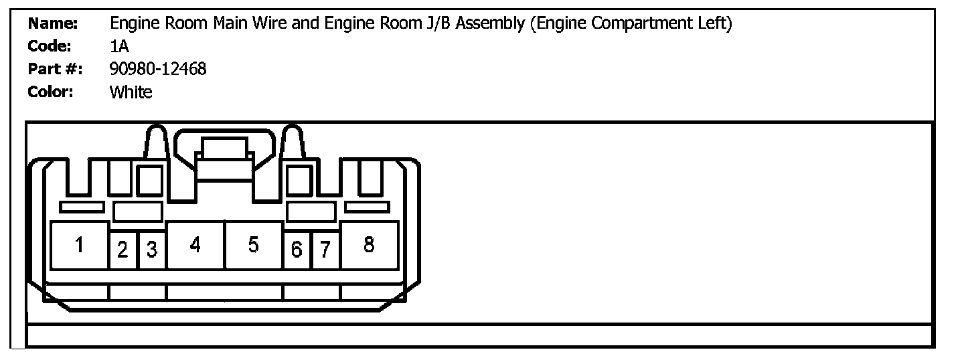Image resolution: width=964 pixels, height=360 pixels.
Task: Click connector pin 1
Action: pos(79,246)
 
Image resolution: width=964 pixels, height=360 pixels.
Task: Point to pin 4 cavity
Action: pos(195,246)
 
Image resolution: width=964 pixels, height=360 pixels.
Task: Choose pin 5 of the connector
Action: pos(253,246)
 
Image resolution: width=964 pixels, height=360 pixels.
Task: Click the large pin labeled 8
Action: pos(369,246)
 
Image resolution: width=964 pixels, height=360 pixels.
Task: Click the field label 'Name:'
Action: pos(54,24)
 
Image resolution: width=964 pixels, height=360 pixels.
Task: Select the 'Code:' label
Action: pos(50,46)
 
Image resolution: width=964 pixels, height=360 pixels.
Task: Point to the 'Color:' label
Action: pos(51,92)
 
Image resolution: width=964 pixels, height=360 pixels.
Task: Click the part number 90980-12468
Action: pos(158,69)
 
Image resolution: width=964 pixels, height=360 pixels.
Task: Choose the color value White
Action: pos(131,92)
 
